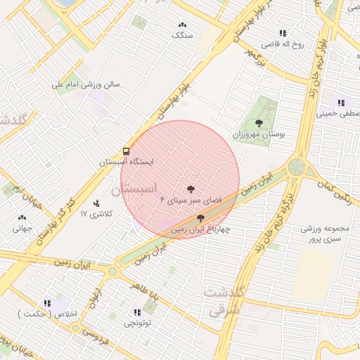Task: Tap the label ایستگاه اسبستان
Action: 126,162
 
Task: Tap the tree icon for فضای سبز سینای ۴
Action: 190,188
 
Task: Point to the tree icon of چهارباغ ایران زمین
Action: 201,218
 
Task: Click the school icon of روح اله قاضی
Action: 283,33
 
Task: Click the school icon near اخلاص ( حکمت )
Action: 47,303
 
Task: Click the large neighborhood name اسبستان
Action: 136,188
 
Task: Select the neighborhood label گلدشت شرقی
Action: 223,299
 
